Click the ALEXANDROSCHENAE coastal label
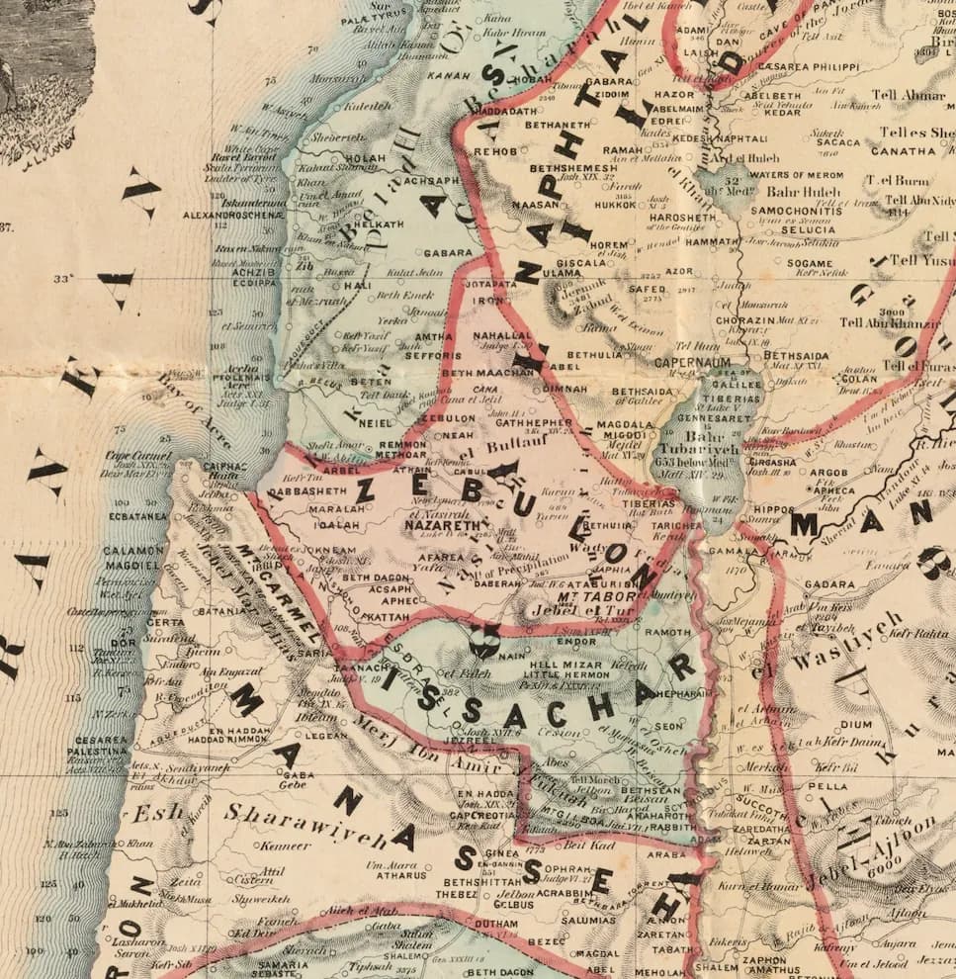[x=232, y=214]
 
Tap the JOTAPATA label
[x=488, y=283]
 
